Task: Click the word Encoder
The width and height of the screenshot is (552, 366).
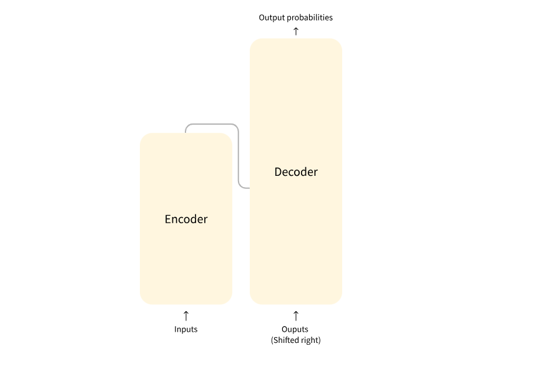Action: pyautogui.click(x=186, y=219)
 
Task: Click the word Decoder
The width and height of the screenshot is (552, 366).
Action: pyautogui.click(x=296, y=172)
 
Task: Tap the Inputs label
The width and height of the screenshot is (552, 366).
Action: pyautogui.click(x=186, y=329)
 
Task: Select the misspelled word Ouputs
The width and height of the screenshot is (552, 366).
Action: pyautogui.click(x=295, y=329)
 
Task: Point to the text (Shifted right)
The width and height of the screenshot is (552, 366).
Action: pyautogui.click(x=296, y=340)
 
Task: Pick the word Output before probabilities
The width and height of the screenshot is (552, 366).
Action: pyautogui.click(x=272, y=17)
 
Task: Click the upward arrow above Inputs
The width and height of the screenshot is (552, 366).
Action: pyautogui.click(x=186, y=315)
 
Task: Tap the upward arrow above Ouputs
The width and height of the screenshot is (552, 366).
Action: pyautogui.click(x=296, y=315)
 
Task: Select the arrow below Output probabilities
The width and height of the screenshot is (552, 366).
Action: pyautogui.click(x=296, y=31)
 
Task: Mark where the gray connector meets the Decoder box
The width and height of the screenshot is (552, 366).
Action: pyautogui.click(x=249, y=187)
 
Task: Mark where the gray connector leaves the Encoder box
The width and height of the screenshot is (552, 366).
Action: pyautogui.click(x=186, y=132)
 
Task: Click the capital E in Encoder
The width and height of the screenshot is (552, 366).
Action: pyautogui.click(x=168, y=219)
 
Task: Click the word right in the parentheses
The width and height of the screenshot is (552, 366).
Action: pyautogui.click(x=310, y=340)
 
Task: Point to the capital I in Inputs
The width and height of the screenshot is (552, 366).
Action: pyautogui.click(x=175, y=329)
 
